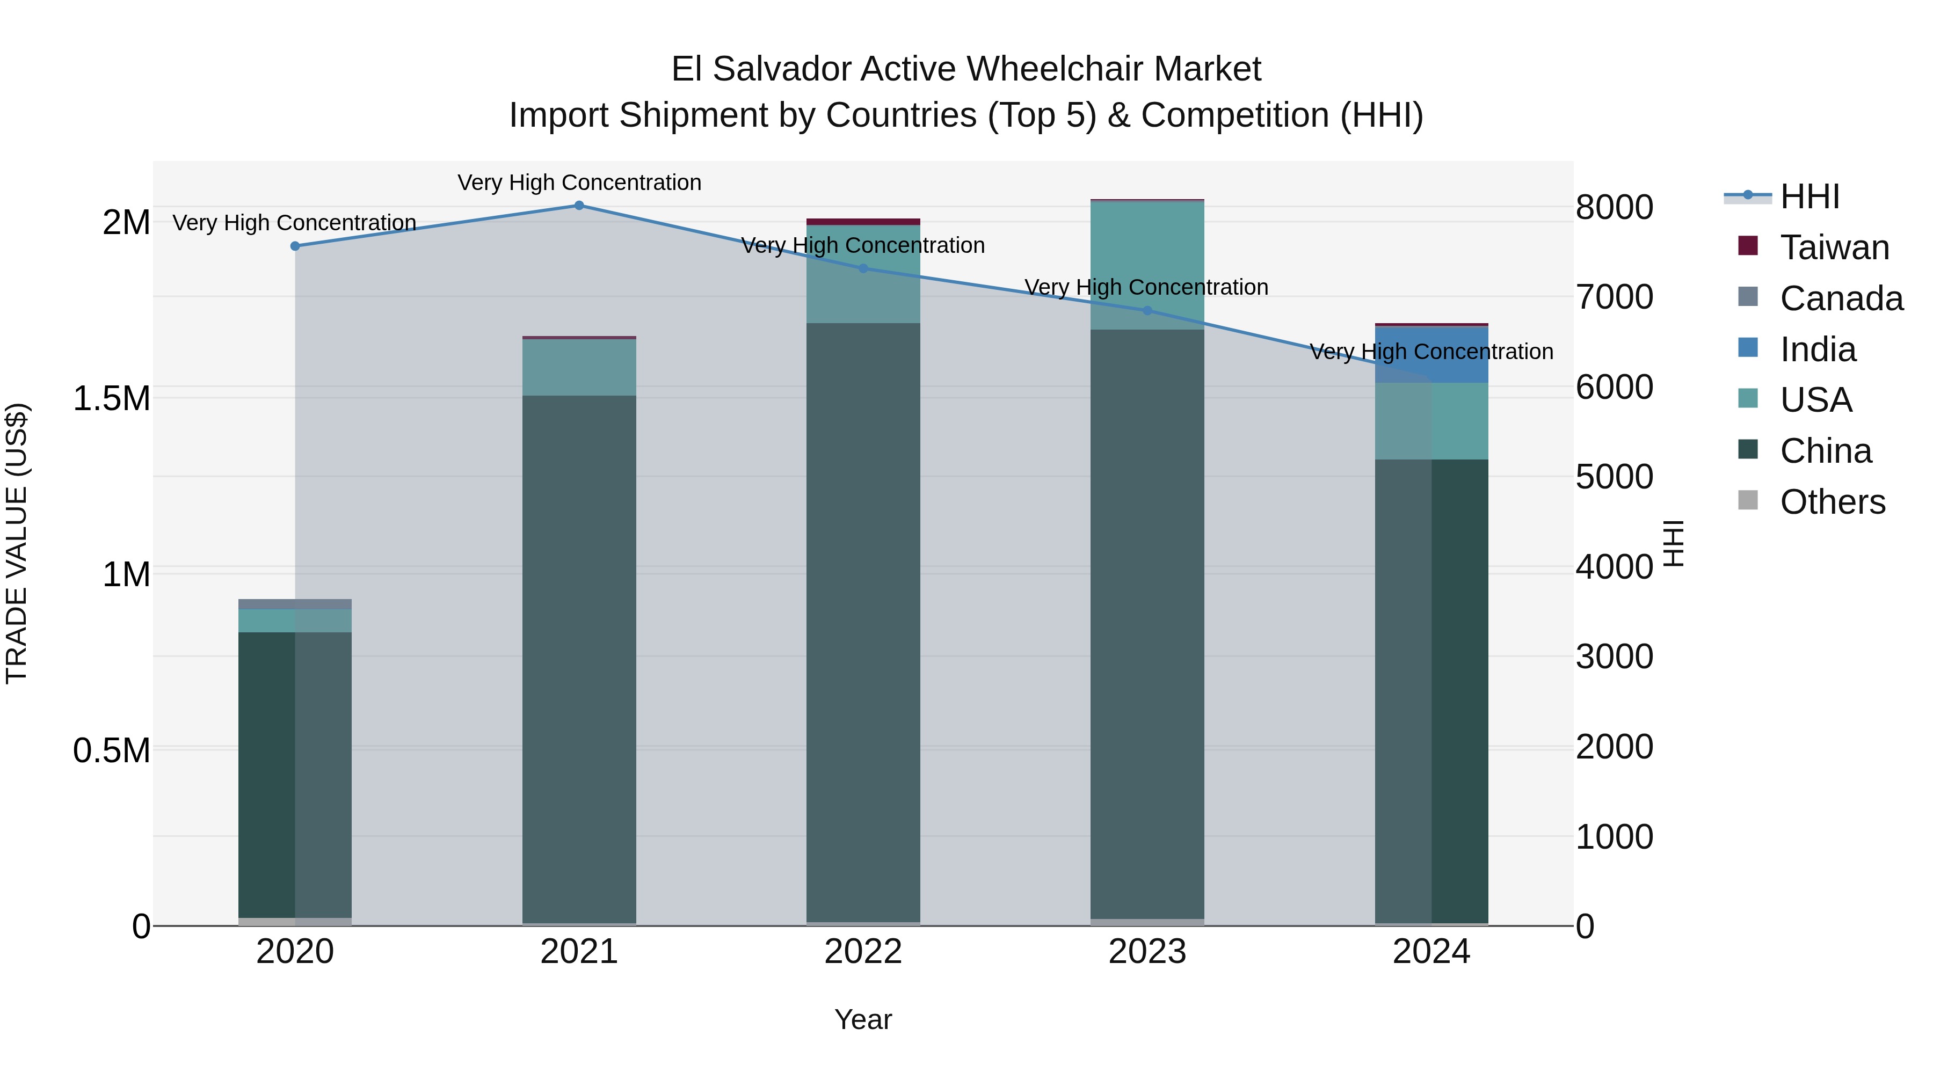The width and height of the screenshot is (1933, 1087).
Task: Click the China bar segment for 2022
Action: [863, 623]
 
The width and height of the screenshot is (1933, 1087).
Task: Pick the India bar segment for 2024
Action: [1431, 355]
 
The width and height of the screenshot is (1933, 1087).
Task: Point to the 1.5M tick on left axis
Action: [112, 398]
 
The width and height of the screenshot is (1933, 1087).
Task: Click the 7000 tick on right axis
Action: [1614, 297]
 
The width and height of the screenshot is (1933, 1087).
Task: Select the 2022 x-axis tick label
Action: [863, 952]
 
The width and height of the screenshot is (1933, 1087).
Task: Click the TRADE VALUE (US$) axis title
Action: [17, 543]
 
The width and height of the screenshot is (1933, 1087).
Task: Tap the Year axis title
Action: [863, 1019]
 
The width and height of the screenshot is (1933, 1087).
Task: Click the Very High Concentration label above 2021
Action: [579, 183]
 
